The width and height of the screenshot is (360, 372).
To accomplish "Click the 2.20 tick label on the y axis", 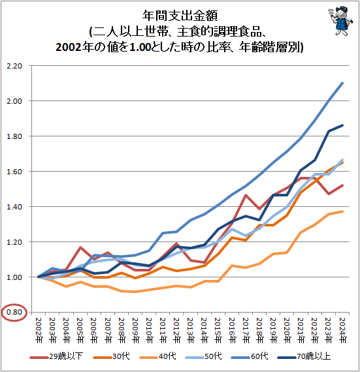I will pos(14,66).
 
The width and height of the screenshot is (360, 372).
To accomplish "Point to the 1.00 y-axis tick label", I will pos(14,277).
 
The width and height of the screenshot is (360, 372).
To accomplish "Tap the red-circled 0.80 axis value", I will pos(14,312).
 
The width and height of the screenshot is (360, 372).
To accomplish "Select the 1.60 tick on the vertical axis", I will pos(14,172).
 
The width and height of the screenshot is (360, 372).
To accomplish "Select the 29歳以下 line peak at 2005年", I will pos(80,247).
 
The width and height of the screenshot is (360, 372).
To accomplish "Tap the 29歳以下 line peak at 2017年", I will pos(246,195).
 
